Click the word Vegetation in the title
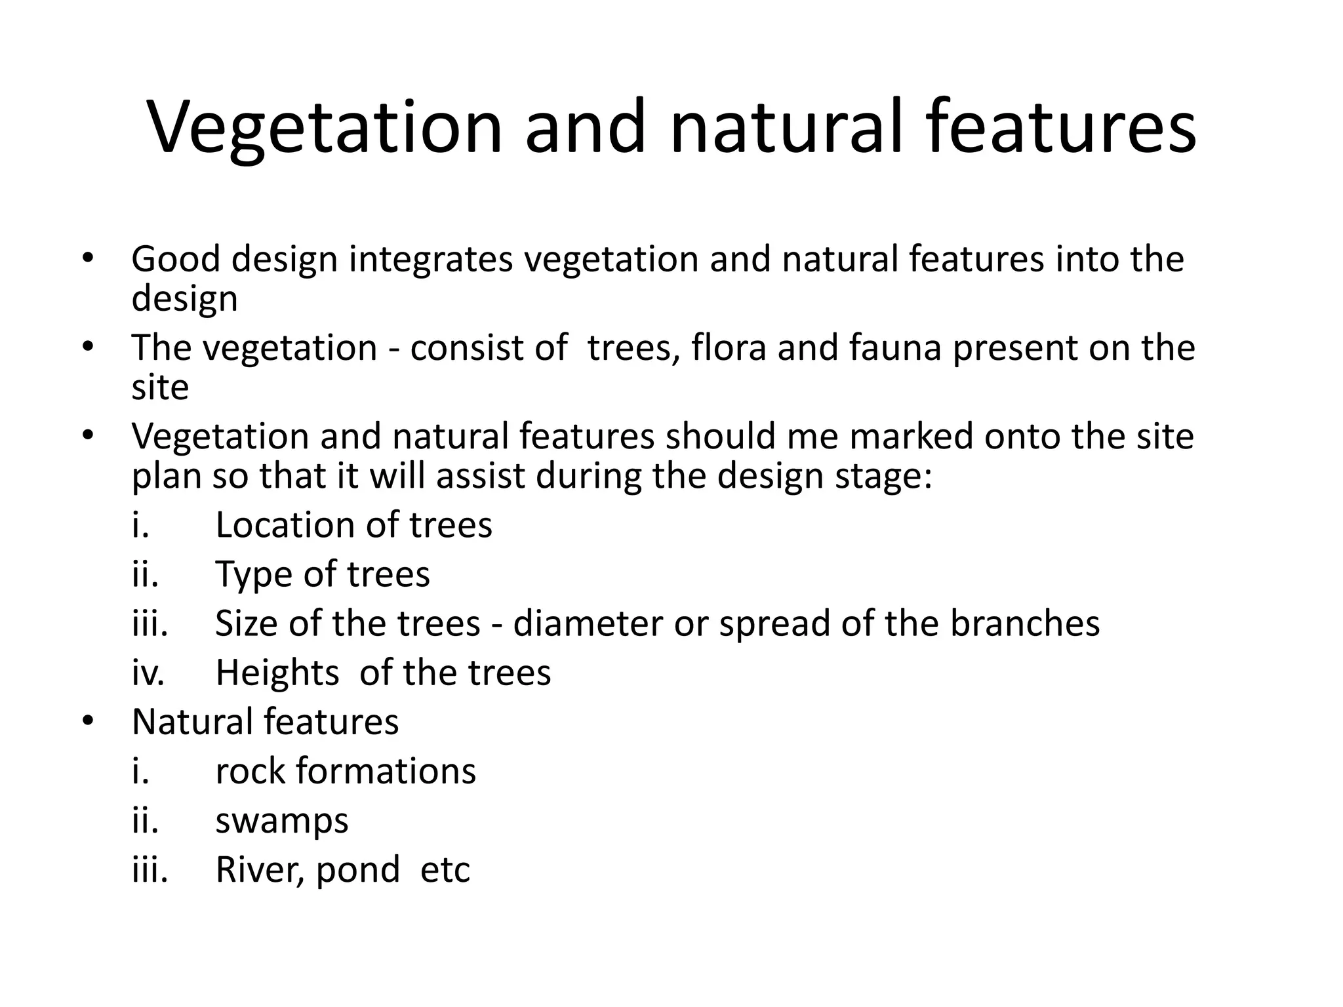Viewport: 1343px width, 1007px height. (x=325, y=128)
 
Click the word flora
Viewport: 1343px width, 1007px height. (x=729, y=347)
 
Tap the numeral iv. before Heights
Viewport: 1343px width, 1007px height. (x=148, y=673)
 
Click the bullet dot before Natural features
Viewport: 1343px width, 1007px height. (x=88, y=722)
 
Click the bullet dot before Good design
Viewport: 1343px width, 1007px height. (x=88, y=259)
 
